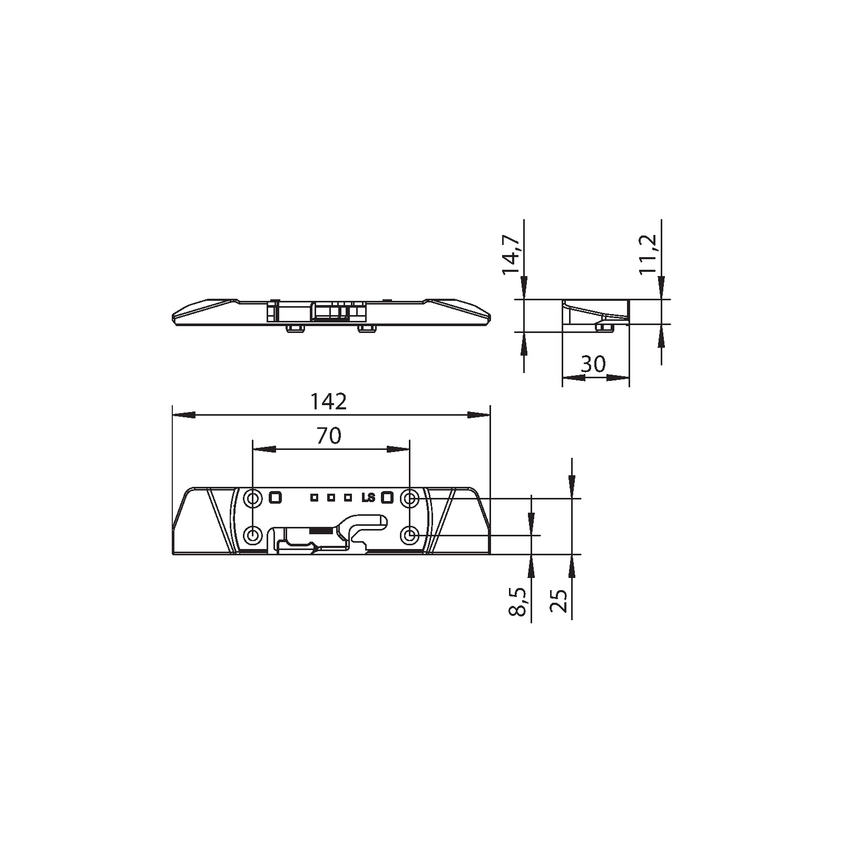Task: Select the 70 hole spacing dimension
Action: [329, 436]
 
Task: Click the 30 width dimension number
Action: [593, 364]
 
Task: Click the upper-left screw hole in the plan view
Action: [253, 497]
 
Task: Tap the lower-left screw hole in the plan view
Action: [253, 536]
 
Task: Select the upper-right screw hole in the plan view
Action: [409, 497]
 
